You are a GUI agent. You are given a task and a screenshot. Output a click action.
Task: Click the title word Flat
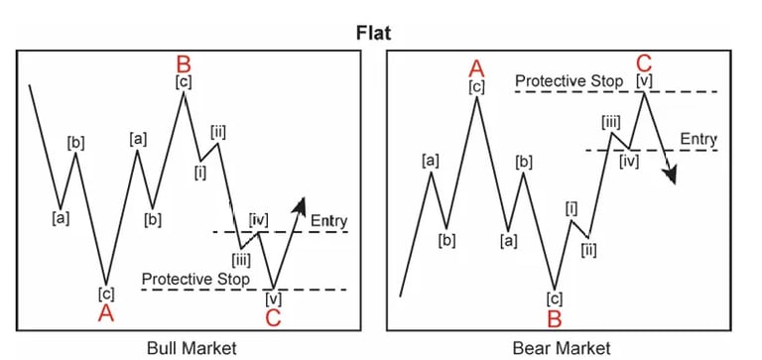pyautogui.click(x=378, y=31)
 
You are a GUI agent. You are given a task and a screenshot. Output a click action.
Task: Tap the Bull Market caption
pyautogui.click(x=189, y=347)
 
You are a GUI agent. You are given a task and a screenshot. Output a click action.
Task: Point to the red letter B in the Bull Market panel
pyautogui.click(x=183, y=62)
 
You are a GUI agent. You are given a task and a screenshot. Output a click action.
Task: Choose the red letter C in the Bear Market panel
pyautogui.click(x=644, y=62)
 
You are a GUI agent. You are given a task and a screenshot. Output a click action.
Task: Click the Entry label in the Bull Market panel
pyautogui.click(x=329, y=219)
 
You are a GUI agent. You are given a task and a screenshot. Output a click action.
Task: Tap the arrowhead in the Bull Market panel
pyautogui.click(x=301, y=202)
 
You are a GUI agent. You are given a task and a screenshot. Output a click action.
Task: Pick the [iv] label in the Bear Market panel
pyautogui.click(x=628, y=160)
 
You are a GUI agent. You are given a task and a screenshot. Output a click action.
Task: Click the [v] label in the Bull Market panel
pyautogui.click(x=273, y=296)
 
